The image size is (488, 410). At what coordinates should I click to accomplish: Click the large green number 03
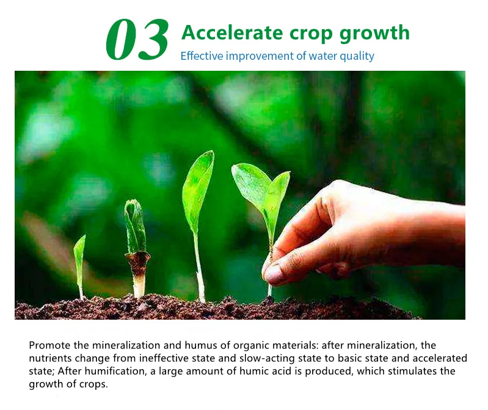137,39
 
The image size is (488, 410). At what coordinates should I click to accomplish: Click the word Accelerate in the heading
232,32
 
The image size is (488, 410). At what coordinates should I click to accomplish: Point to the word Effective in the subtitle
202,56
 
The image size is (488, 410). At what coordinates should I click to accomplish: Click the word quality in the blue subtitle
357,57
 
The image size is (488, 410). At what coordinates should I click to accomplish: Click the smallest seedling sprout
79,267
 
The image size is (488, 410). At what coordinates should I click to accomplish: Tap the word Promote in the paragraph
50,345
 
